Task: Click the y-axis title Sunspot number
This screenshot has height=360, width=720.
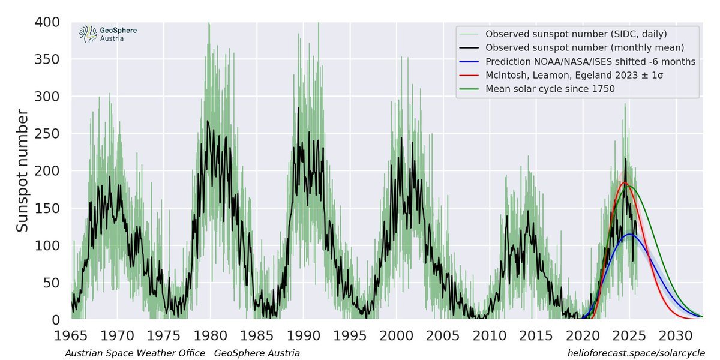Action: pyautogui.click(x=22, y=171)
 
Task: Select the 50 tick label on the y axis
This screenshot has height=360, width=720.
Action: pyautogui.click(x=53, y=283)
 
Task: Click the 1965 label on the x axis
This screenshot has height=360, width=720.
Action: pyautogui.click(x=71, y=334)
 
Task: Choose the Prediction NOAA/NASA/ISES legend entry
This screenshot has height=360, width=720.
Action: pyautogui.click(x=590, y=61)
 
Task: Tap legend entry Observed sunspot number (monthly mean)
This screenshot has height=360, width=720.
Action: pyautogui.click(x=584, y=47)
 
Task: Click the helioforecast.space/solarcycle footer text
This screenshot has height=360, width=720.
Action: pyautogui.click(x=636, y=353)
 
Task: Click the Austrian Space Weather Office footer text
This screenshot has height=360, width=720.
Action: pyautogui.click(x=135, y=353)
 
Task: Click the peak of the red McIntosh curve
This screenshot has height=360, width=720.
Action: pyautogui.click(x=624, y=183)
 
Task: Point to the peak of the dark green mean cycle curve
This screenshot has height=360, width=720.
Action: pyautogui.click(x=629, y=186)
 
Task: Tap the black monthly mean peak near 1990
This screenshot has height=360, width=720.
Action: pyautogui.click(x=298, y=108)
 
